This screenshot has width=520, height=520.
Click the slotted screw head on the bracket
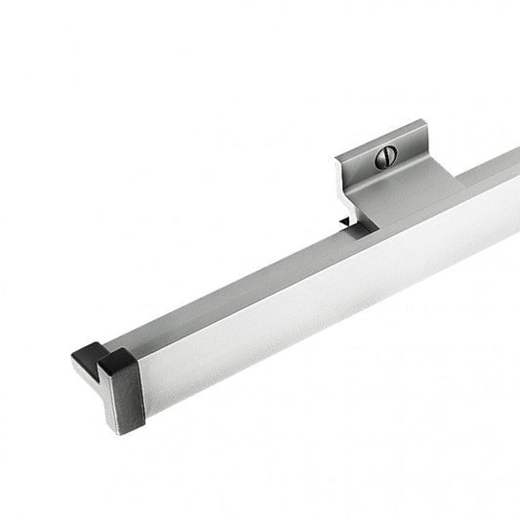click(x=384, y=154)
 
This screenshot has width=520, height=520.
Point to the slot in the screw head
click(x=384, y=154)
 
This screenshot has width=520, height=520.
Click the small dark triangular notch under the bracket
click(x=345, y=223)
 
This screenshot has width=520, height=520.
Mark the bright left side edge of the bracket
click(x=342, y=185)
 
